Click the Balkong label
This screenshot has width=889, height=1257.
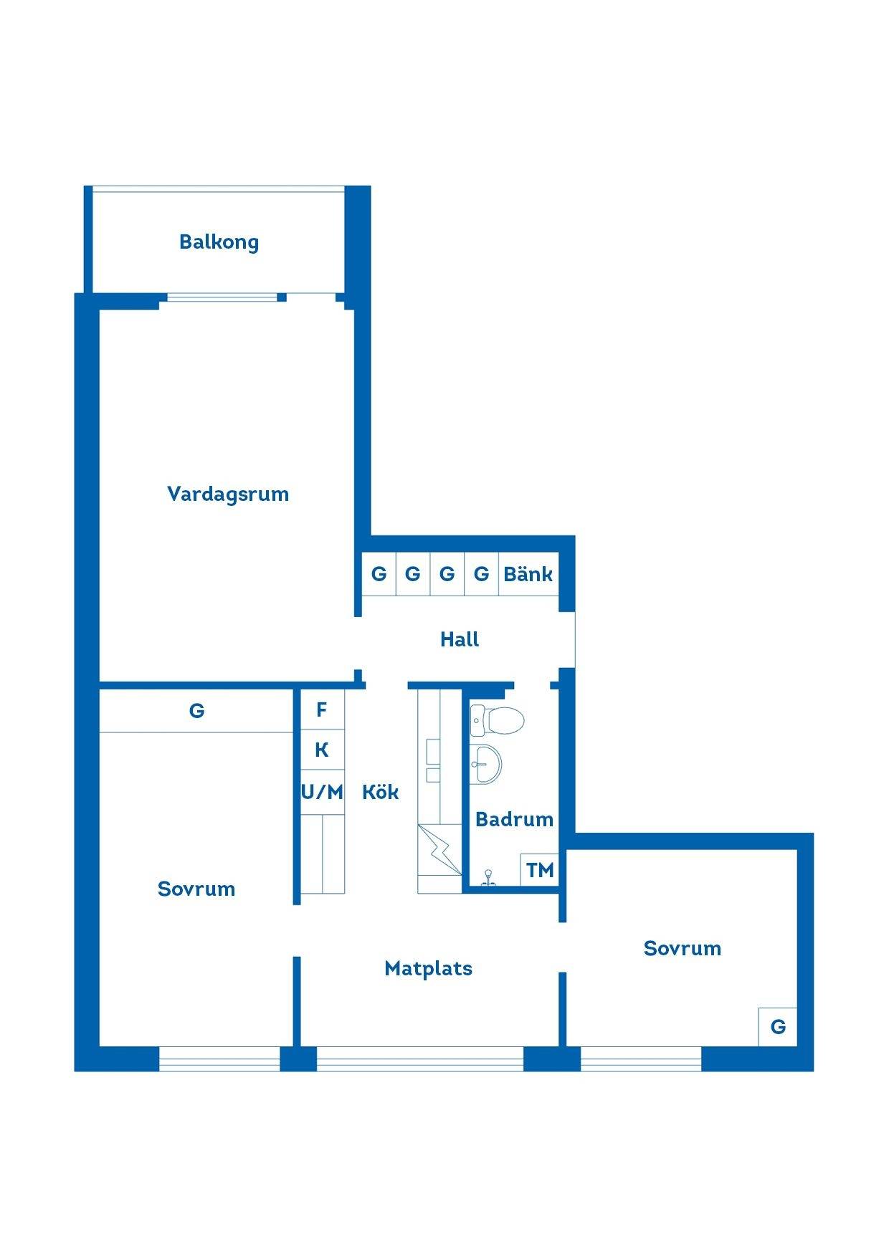[x=219, y=242]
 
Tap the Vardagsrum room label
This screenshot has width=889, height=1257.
[x=228, y=494]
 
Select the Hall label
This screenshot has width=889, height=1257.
[x=460, y=639]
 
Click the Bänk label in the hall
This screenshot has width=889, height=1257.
[x=528, y=573]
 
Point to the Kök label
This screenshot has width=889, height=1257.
[x=380, y=792]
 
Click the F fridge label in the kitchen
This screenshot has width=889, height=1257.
[x=322, y=709]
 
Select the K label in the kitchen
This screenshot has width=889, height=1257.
[x=322, y=750]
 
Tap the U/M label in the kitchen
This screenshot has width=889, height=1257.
[x=322, y=792]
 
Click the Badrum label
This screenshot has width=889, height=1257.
[x=514, y=819]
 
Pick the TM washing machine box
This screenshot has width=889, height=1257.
[x=540, y=869]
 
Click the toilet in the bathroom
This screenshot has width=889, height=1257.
[x=497, y=720]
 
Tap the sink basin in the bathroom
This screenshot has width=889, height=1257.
[x=486, y=764]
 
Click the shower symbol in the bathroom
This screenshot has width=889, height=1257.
[x=488, y=879]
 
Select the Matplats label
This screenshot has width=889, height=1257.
[x=428, y=969]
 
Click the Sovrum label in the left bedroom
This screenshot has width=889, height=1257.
[x=196, y=889]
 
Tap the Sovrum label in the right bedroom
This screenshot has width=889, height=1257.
[x=683, y=948]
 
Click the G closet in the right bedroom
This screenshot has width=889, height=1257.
[x=778, y=1026]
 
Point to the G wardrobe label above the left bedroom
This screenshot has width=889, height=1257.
[x=196, y=710]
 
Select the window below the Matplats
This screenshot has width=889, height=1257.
[x=420, y=1059]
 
